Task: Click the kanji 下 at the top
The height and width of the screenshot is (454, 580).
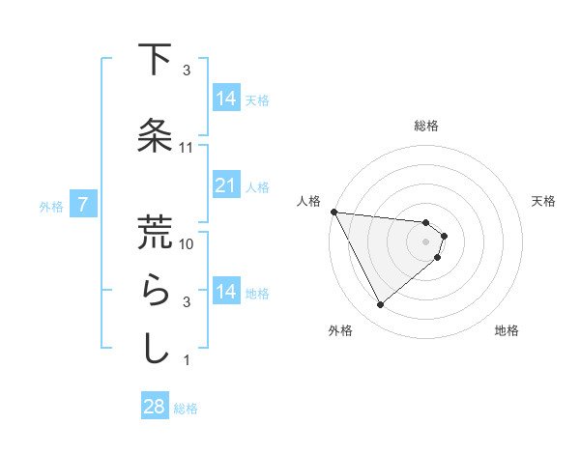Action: point(155,60)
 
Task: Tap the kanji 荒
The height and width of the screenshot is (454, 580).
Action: point(155,232)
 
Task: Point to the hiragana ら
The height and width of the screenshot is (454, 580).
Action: point(155,291)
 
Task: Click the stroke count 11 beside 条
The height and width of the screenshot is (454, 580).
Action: point(187,148)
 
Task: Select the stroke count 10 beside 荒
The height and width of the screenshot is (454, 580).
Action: point(187,244)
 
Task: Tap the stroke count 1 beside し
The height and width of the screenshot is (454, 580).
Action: point(187,360)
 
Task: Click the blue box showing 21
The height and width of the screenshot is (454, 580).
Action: point(226,185)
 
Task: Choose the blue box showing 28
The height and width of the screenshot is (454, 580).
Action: point(155,407)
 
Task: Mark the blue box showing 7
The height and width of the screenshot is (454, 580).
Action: point(84,205)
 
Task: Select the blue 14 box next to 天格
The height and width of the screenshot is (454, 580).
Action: point(226,99)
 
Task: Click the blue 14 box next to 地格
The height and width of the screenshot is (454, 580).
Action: point(226,292)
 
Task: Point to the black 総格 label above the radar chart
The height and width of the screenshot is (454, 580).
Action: point(426,126)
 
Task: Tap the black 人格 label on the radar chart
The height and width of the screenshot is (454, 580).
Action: point(308,201)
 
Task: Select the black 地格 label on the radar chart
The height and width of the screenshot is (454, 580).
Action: point(507,331)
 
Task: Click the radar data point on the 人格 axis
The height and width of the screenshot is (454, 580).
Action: point(333,212)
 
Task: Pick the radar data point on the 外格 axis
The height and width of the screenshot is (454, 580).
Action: point(380,304)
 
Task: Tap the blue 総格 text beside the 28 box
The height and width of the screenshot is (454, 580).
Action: point(186,409)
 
